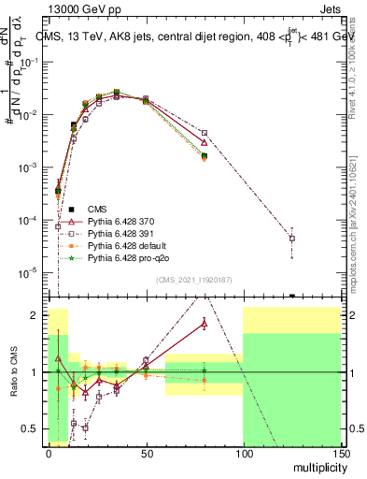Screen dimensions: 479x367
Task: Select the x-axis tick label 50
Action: [x=146, y=453]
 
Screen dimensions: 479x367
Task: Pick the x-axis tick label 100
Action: [x=243, y=453]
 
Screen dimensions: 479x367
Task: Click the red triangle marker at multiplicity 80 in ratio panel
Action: [x=205, y=324]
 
